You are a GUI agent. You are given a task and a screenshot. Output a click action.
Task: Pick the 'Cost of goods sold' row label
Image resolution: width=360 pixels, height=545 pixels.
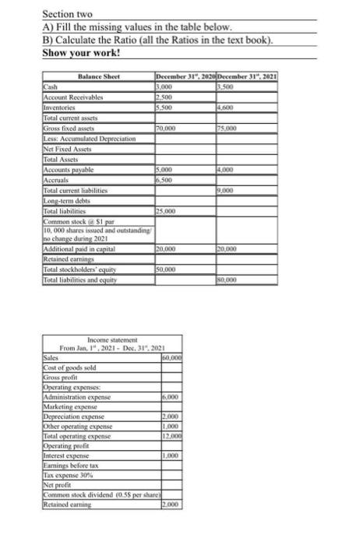pos(65,365)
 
